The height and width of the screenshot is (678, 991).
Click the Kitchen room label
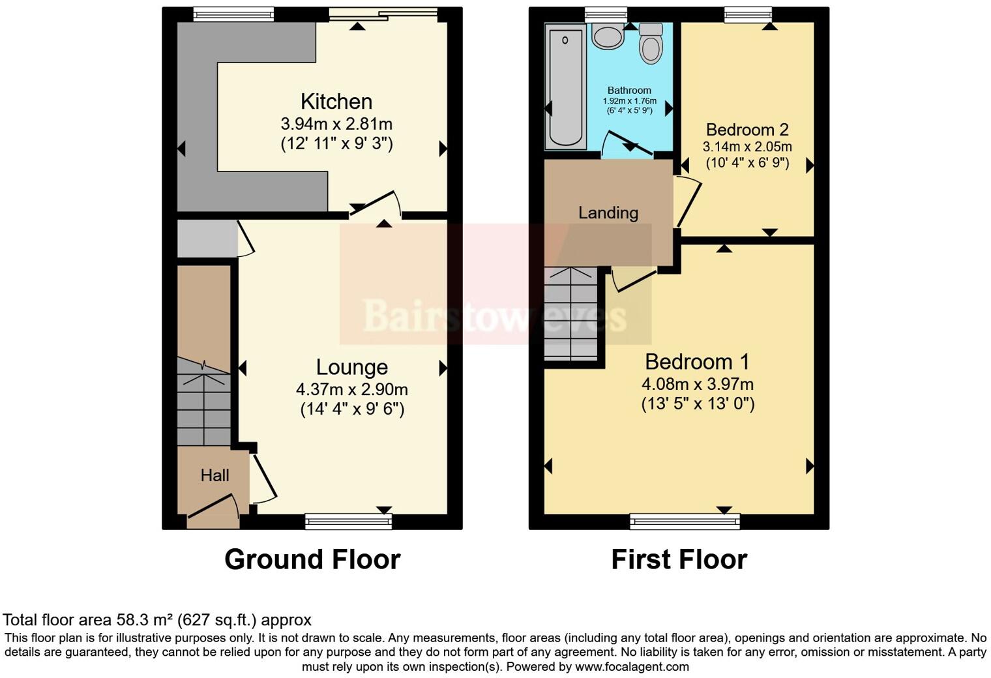[336, 102]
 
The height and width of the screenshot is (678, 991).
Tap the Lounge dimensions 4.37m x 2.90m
[351, 390]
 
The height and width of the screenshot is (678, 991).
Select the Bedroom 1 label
[697, 362]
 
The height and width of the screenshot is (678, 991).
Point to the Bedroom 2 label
[747, 130]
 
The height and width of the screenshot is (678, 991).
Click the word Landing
[608, 213]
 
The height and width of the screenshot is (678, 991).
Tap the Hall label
[214, 475]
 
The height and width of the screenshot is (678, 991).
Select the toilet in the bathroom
[651, 43]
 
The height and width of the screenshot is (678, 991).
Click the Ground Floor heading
[312, 559]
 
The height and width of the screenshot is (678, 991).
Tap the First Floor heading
[679, 559]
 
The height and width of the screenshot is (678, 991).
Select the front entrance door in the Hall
[213, 511]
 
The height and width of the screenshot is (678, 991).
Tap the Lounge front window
[349, 520]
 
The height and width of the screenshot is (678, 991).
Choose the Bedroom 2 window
[747, 14]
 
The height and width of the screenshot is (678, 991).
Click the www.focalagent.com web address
[632, 666]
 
